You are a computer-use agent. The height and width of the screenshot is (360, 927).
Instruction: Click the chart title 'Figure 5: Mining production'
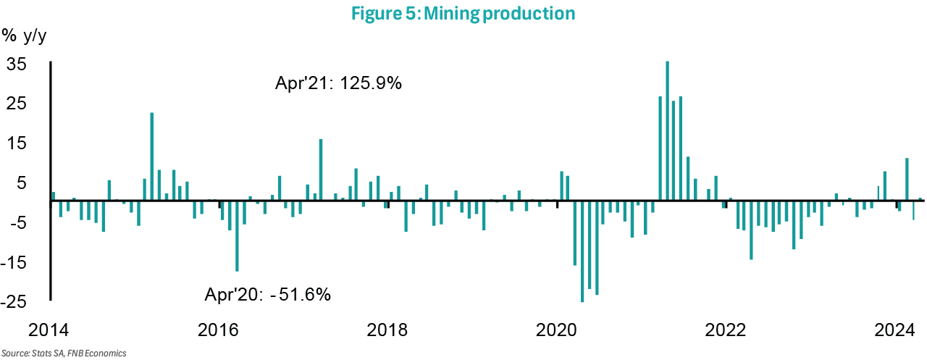click(463, 13)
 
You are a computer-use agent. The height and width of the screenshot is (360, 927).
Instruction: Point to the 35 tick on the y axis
click(17, 64)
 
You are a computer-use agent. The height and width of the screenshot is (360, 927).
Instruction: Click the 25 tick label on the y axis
click(17, 104)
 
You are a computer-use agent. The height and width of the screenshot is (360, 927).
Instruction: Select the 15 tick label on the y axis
click(17, 143)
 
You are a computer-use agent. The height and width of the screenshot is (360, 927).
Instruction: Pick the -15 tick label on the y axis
click(14, 262)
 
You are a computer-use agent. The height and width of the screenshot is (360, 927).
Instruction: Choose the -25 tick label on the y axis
click(14, 301)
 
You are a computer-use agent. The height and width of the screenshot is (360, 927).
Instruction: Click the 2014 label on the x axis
click(50, 330)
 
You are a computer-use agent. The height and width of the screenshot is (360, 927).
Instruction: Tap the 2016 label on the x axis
click(219, 330)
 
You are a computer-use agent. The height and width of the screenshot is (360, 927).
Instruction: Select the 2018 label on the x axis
click(388, 330)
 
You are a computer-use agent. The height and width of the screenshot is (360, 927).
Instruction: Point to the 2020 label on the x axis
click(558, 330)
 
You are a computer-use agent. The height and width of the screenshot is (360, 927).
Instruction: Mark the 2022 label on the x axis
click(726, 330)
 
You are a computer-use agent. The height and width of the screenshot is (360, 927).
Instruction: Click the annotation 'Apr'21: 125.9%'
click(338, 83)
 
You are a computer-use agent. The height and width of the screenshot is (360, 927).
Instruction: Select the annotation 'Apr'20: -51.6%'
click(269, 294)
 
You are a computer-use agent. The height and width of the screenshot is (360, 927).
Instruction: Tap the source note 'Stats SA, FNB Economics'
click(63, 353)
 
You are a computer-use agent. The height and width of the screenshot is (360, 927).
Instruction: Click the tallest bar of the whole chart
click(667, 130)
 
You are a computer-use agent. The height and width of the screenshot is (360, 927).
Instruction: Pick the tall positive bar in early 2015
click(152, 156)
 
